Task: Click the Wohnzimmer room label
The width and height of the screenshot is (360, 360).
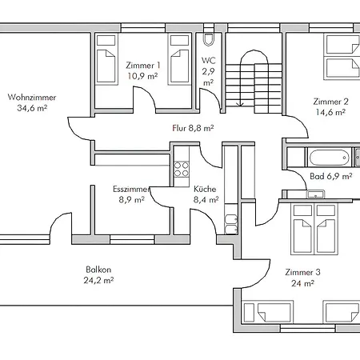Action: point(32,98)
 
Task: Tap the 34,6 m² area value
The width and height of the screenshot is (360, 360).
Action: point(32,108)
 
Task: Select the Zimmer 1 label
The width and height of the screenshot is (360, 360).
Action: point(143,66)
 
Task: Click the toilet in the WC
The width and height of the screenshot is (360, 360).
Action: point(209,39)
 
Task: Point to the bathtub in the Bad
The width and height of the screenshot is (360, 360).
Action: point(330,158)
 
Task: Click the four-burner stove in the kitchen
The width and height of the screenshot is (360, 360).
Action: point(181,169)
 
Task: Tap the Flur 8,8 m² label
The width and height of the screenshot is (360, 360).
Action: point(193,128)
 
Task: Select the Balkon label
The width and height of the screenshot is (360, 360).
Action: point(98,270)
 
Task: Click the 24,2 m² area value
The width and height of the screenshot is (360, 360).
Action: point(98,280)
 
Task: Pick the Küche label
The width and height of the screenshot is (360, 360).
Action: point(205,189)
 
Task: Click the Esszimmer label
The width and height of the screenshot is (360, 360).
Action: point(130,189)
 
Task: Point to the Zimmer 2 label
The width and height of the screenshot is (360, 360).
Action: point(330,102)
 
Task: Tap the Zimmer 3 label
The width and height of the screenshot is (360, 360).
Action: point(302,272)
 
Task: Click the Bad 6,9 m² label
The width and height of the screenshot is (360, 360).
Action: point(331,176)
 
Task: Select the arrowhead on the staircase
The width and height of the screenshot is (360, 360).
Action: point(241,104)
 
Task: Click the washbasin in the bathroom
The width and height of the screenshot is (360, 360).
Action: point(315,194)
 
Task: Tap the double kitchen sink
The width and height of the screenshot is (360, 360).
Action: point(231,224)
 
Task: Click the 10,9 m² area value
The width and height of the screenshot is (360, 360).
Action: point(142,76)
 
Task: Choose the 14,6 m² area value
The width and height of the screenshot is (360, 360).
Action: point(330,112)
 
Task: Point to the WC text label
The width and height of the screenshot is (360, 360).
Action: point(209,61)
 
